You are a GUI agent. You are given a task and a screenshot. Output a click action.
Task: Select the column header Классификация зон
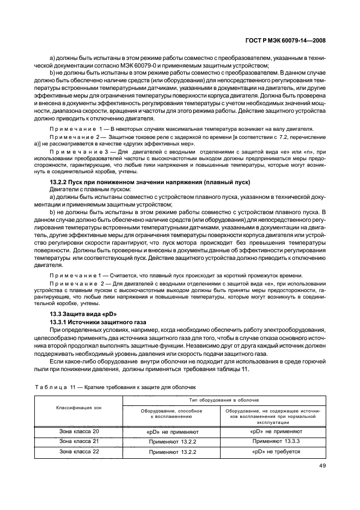point(78,408)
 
